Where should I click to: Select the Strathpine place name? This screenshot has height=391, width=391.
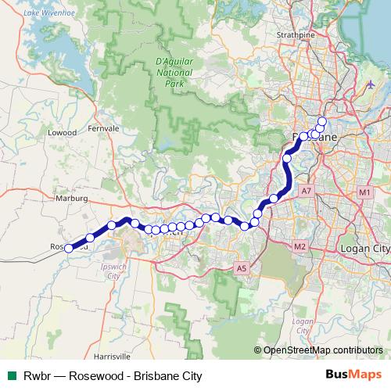297,35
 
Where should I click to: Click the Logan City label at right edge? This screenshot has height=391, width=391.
365,248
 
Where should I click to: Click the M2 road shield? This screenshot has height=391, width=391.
300,247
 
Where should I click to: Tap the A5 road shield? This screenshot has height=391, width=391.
242,269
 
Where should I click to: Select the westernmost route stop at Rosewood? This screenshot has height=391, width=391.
69,249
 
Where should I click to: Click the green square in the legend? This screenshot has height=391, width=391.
11,376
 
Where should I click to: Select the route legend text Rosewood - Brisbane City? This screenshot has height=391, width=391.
135,376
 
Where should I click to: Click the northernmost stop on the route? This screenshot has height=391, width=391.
321,120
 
